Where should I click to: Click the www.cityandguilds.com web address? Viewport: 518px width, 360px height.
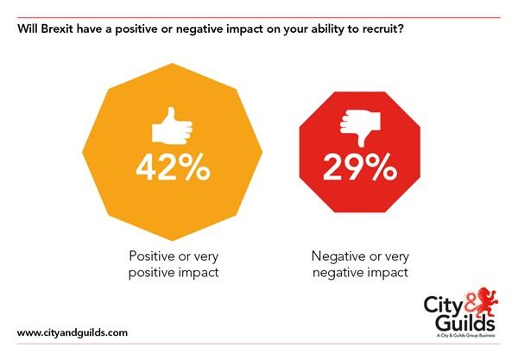[73, 332]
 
